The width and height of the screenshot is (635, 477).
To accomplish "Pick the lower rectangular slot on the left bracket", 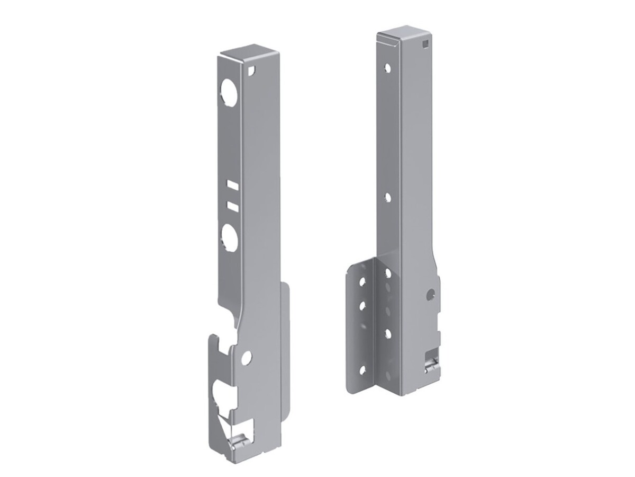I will (231, 205).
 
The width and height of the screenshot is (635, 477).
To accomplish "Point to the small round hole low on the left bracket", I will (246, 358).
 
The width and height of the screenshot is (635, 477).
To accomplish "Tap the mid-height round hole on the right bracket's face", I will (388, 198).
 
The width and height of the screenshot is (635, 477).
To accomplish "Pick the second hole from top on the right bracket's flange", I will (362, 306).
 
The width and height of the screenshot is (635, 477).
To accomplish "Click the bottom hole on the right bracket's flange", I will (362, 369).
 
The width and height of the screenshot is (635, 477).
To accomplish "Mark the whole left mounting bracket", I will (249, 254).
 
